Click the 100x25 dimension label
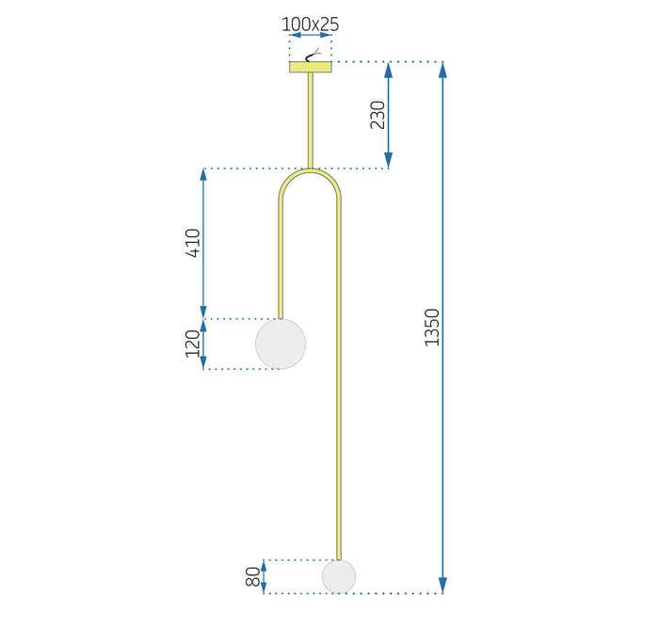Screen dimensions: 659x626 tap(310, 24)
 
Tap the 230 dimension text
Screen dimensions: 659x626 tap(378, 115)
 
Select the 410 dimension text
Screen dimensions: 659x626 tap(193, 243)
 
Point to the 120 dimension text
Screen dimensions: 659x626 tap(193, 344)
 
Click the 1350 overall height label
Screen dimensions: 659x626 tap(432, 328)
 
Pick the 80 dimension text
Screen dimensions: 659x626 tap(253, 576)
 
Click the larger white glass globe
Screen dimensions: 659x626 tap(281, 344)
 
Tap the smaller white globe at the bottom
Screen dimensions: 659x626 tap(339, 576)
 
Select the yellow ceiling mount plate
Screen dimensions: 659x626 tap(311, 67)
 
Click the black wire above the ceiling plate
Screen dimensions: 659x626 tap(312, 56)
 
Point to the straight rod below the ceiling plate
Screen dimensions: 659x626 tap(311, 120)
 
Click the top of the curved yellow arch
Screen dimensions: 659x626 tap(310, 170)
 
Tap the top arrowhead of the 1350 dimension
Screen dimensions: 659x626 tap(442, 70)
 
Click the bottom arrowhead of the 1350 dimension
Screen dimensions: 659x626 tap(442, 586)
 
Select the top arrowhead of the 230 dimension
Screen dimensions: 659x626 tap(388, 70)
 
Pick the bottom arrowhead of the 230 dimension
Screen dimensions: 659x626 tap(388, 160)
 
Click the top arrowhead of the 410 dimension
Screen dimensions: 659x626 tap(203, 176)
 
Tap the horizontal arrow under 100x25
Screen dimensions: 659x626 tap(311, 35)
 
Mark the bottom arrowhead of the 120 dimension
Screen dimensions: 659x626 tap(203, 362)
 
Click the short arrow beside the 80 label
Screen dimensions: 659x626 tap(264, 576)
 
